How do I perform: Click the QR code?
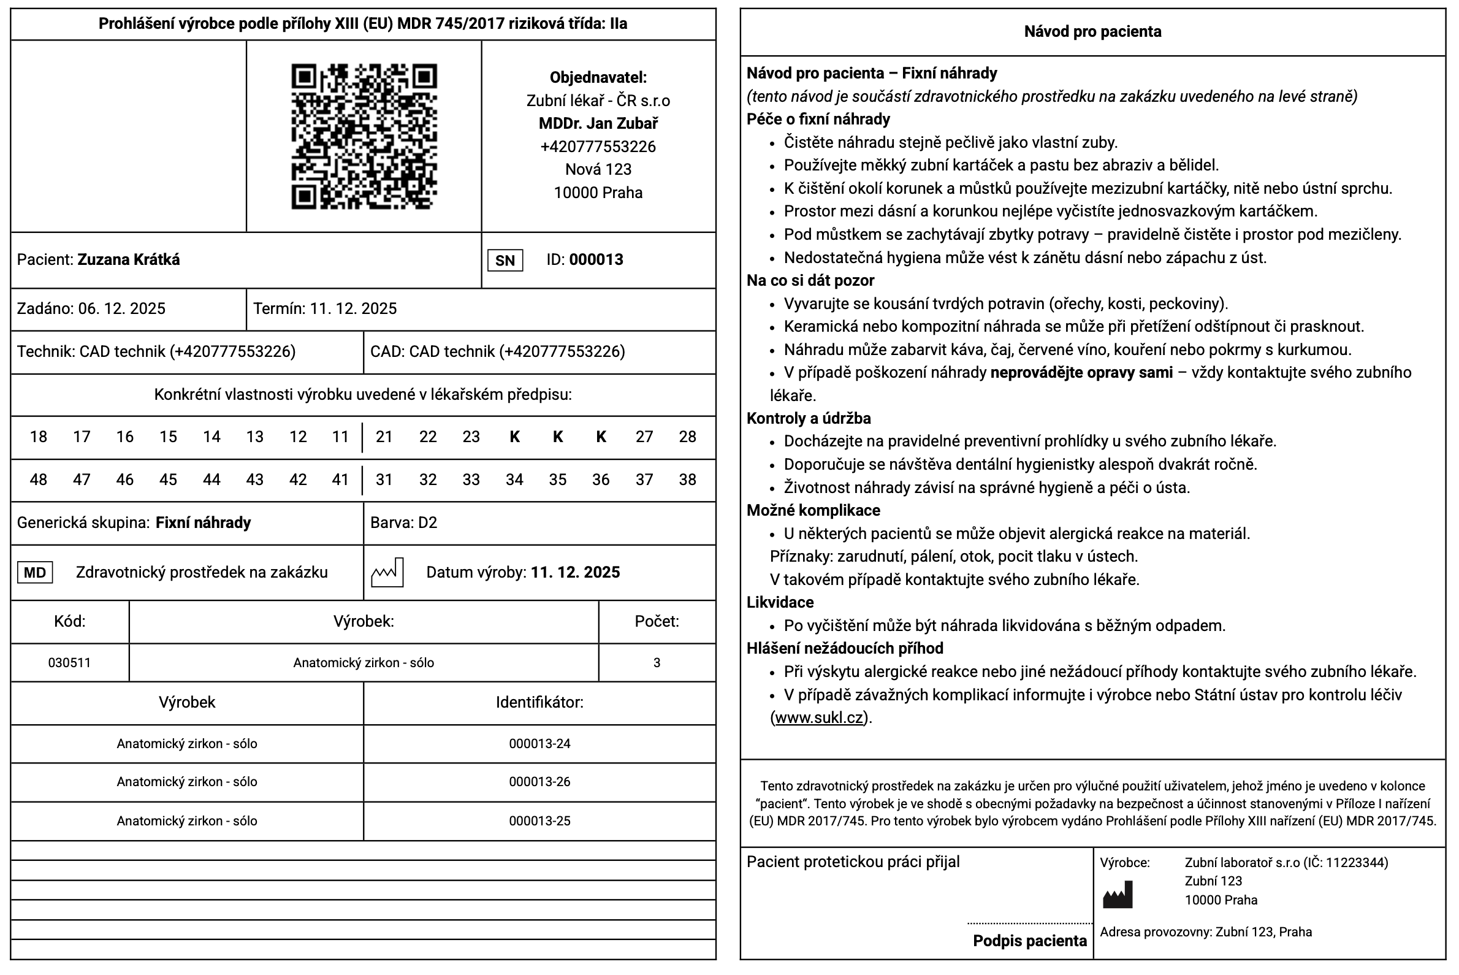tap(364, 136)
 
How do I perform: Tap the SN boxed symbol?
tap(505, 261)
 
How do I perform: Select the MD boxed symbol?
tap(35, 573)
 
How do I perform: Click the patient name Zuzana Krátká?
tap(129, 260)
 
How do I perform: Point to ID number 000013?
tap(596, 260)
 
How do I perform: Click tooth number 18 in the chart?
tap(39, 437)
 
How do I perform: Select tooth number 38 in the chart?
tap(687, 480)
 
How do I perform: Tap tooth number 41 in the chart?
tap(340, 480)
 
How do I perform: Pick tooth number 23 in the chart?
tap(471, 437)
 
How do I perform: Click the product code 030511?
tap(70, 663)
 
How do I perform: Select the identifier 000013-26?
tap(539, 782)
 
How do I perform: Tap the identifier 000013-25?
tap(539, 822)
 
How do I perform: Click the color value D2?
tap(428, 523)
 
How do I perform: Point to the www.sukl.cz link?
tap(820, 718)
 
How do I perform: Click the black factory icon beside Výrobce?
tap(1118, 895)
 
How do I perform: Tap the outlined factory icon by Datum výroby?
tap(387, 573)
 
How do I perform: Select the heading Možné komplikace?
tap(813, 511)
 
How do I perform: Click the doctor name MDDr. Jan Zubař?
tap(598, 124)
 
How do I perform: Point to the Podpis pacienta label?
tap(1029, 941)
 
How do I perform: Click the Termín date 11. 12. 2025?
tap(353, 309)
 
